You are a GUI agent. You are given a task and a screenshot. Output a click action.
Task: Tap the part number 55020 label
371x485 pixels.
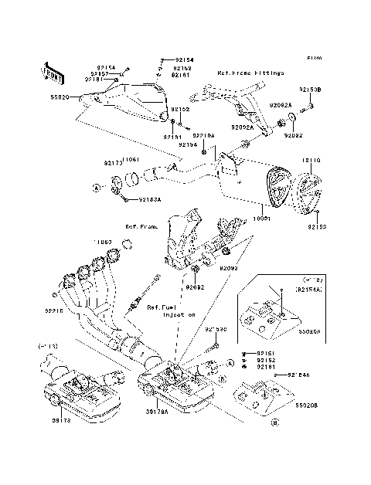click(60, 98)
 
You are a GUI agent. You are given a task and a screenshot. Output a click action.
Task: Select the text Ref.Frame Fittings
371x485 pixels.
click(250, 73)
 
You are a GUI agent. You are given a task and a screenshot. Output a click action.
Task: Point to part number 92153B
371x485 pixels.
click(309, 90)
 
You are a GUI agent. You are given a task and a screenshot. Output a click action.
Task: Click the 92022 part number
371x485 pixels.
click(293, 134)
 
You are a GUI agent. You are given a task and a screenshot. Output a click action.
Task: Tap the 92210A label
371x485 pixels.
click(203, 134)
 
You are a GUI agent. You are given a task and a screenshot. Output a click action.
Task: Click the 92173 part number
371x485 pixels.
click(113, 164)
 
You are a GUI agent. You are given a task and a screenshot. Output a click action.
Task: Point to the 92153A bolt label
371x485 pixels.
click(150, 199)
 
